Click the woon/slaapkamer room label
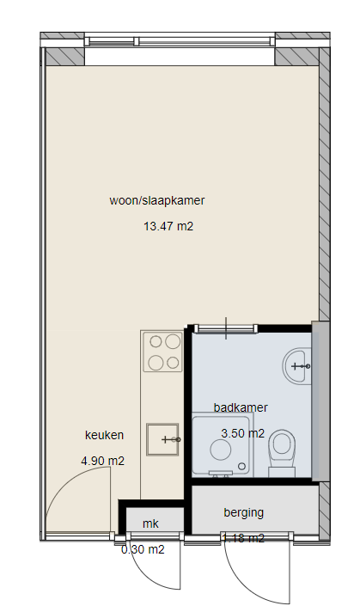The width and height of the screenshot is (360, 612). click(156, 201)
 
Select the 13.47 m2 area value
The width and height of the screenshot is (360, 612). click(168, 228)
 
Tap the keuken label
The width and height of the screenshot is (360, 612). click(104, 435)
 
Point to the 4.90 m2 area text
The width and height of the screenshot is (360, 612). click(102, 461)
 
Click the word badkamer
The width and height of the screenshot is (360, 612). click(241, 407)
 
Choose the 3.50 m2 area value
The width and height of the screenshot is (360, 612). click(242, 433)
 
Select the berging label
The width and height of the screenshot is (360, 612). click(243, 513)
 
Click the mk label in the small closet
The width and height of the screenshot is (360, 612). click(150, 523)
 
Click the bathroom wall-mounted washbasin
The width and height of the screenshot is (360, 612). click(299, 365)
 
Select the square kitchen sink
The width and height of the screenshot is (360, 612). click(162, 439)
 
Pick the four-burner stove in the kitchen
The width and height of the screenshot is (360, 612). click(163, 352)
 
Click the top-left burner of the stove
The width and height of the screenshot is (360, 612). click(155, 342)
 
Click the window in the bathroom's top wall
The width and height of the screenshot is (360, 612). click(225, 327)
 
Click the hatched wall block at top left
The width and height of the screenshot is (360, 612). click(64, 57)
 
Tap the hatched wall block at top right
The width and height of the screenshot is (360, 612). click(296, 57)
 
